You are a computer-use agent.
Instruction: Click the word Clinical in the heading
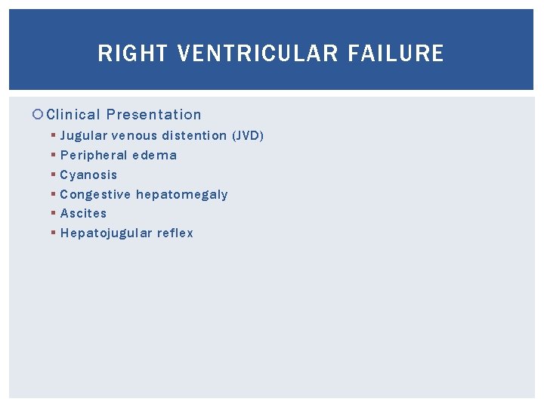[x=73, y=115]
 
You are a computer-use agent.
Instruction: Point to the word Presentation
[x=154, y=115]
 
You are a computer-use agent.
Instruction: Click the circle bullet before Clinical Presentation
[x=39, y=115]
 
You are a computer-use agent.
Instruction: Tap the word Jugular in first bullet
[x=83, y=136]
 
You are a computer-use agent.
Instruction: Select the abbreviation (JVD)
[x=248, y=136]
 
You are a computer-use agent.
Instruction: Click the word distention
[x=194, y=136]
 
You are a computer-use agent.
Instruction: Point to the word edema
[x=155, y=156]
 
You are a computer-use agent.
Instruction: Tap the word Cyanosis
[x=88, y=175]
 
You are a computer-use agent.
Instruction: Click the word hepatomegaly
[x=182, y=195]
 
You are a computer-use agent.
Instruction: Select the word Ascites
[x=83, y=214]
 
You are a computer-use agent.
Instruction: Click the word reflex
[x=175, y=233]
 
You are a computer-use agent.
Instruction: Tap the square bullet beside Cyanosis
[x=53, y=175]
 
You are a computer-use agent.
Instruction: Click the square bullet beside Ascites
[x=53, y=214]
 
